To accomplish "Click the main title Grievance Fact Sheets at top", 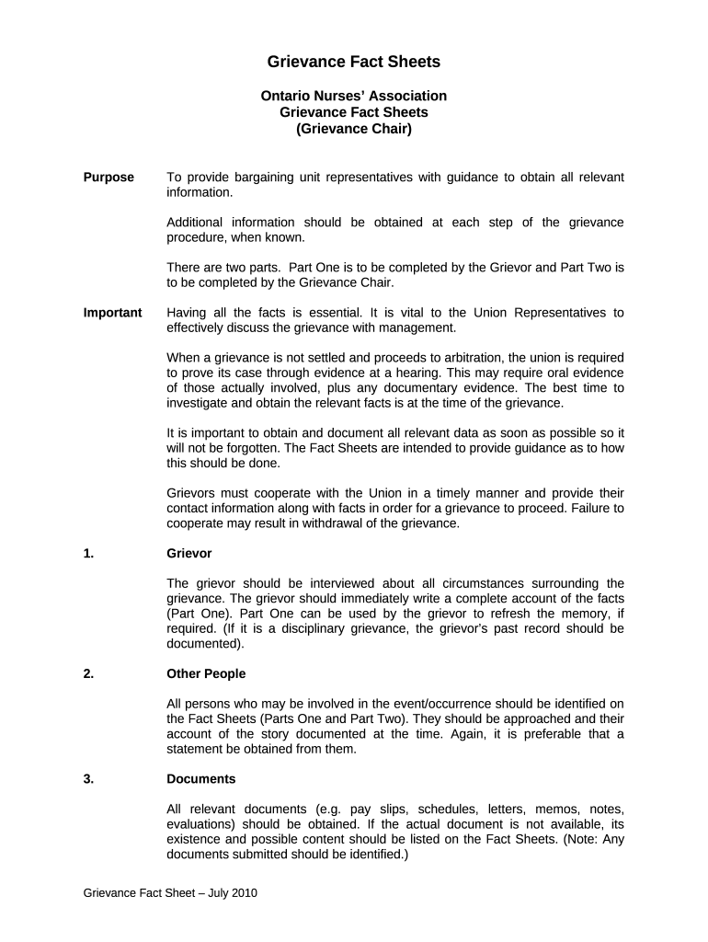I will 354,63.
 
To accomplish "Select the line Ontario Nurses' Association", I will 354,96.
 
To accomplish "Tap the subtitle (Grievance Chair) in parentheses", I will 354,129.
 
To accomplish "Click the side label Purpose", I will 108,178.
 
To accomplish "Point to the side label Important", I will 112,313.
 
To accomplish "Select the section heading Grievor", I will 189,554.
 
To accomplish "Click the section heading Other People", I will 206,674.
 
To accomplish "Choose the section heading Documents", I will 200,779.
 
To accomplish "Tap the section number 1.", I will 88,554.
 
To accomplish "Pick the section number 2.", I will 88,674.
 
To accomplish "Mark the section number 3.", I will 88,779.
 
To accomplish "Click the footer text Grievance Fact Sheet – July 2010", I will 170,893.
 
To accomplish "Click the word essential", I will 333,313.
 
